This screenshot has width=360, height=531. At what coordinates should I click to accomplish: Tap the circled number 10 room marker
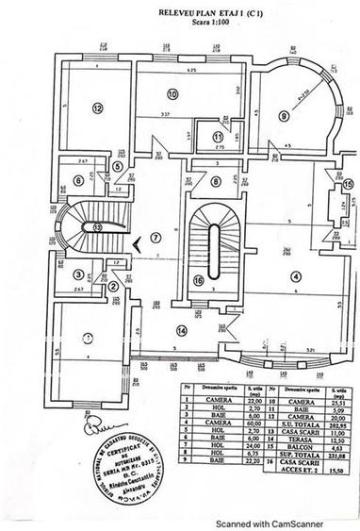pyautogui.click(x=172, y=94)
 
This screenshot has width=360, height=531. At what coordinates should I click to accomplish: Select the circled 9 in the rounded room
pyautogui.click(x=284, y=115)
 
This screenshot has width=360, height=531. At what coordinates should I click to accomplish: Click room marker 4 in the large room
pyautogui.click(x=296, y=276)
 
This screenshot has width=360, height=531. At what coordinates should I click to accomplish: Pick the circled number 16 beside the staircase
pyautogui.click(x=198, y=280)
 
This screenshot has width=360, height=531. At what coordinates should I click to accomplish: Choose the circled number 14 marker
pyautogui.click(x=180, y=330)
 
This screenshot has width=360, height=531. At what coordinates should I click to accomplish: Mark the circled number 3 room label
pyautogui.click(x=79, y=274)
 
